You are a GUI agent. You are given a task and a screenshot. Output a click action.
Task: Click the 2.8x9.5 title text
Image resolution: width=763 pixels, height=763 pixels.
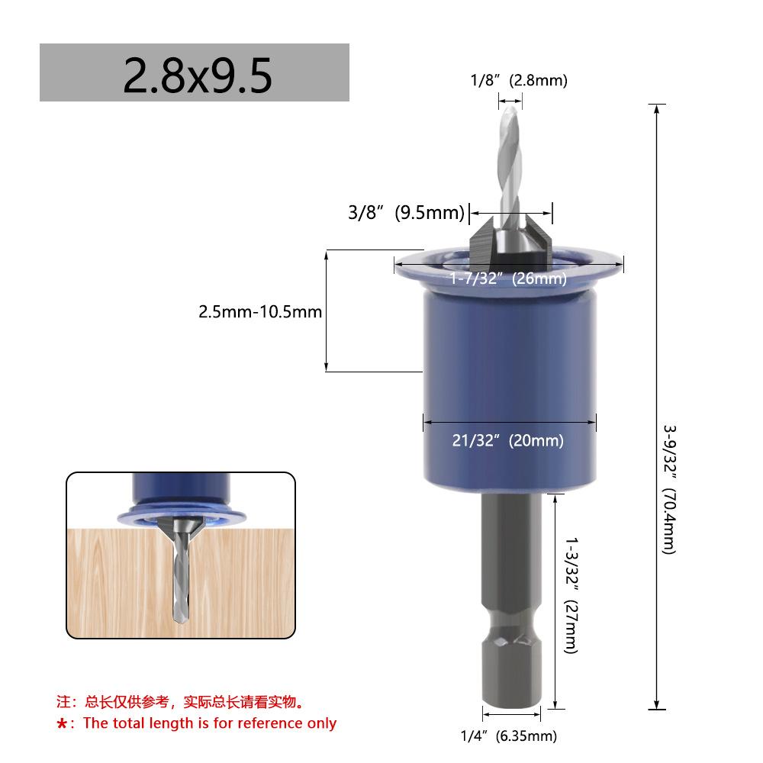[x=197, y=76]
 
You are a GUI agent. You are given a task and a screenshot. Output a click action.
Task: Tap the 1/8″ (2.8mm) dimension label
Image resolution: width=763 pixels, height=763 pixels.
[x=519, y=80]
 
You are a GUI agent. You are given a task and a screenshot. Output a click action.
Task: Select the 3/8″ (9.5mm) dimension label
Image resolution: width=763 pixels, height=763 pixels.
[x=407, y=213]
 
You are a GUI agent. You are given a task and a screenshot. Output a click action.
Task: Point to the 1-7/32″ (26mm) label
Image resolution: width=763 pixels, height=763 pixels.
[x=508, y=278]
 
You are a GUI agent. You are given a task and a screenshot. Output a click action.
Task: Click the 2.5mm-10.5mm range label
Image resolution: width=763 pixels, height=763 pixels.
[x=260, y=311]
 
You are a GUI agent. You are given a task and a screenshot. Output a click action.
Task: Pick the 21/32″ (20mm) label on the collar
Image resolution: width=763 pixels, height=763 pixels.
[x=508, y=440]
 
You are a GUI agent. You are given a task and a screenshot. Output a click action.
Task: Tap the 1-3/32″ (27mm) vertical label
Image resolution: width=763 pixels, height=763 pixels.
[x=571, y=596]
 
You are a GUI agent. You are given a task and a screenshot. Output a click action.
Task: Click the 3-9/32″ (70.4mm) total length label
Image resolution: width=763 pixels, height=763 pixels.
[x=670, y=490]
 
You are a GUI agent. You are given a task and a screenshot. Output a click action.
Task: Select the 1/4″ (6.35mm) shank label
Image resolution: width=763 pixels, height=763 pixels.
[x=509, y=736]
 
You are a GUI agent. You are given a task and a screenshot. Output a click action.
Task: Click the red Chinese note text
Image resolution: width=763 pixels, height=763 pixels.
[x=181, y=702]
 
